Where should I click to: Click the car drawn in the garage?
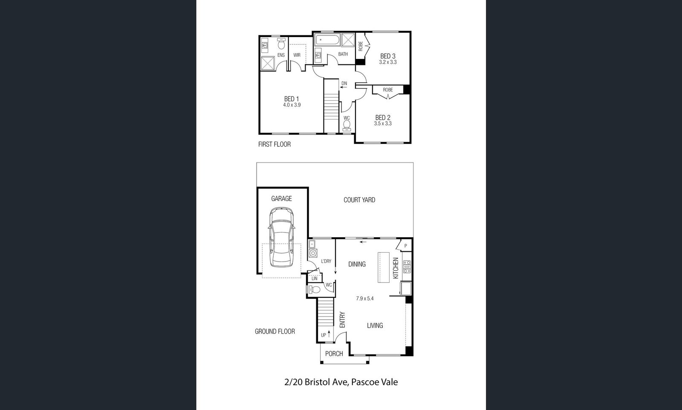click(281, 237)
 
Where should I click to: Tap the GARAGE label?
click(281, 199)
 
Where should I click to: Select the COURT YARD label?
click(359, 200)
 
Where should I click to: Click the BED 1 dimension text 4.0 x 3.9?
click(292, 105)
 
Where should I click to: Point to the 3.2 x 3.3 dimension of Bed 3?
click(388, 62)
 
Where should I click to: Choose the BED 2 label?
click(383, 118)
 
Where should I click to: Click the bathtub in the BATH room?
click(327, 40)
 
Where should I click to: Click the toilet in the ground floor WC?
click(314, 289)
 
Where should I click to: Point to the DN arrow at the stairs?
click(344, 87)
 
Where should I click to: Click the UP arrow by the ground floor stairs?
click(329, 334)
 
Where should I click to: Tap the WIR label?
click(297, 55)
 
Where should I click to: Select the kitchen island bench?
click(384, 268)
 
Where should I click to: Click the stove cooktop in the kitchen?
click(407, 267)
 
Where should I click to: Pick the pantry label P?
click(405, 246)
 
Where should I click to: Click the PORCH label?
click(334, 354)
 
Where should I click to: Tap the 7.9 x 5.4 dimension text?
click(365, 299)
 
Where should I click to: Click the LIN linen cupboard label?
click(315, 278)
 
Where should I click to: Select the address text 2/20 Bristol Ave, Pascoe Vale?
click(341, 382)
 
